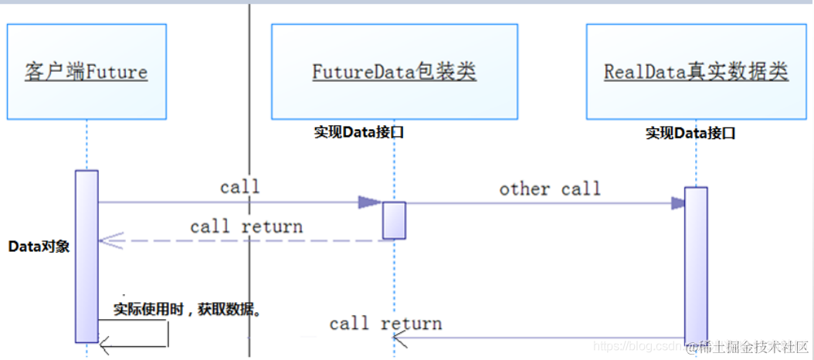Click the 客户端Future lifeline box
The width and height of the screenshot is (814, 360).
[86, 72]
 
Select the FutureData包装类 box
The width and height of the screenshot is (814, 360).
[394, 72]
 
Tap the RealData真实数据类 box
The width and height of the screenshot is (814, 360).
[695, 72]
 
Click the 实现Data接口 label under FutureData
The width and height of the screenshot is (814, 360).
[359, 132]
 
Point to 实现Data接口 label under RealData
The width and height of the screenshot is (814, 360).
[690, 133]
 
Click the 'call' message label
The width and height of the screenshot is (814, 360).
[239, 187]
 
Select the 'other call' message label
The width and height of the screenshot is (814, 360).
[549, 188]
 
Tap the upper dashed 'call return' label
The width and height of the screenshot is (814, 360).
[246, 226]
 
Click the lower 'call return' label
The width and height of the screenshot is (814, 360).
[385, 323]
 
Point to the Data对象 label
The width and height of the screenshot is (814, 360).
[39, 246]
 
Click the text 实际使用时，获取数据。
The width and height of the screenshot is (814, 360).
[188, 311]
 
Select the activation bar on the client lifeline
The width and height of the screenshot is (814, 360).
[86, 255]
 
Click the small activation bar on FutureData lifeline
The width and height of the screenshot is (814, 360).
[394, 220]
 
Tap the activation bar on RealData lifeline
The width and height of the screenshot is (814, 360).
[695, 263]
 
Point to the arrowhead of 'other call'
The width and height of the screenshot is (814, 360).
[678, 203]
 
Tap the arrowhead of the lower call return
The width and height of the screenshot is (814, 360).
[399, 337]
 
